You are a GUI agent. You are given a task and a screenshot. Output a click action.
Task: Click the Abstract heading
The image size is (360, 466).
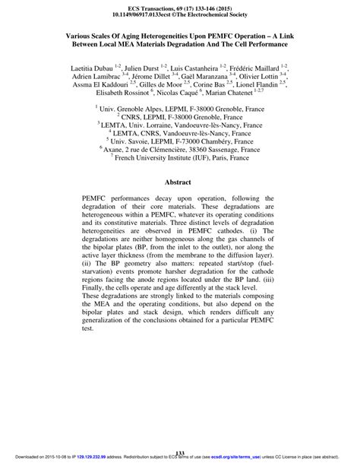[x=180, y=182]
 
